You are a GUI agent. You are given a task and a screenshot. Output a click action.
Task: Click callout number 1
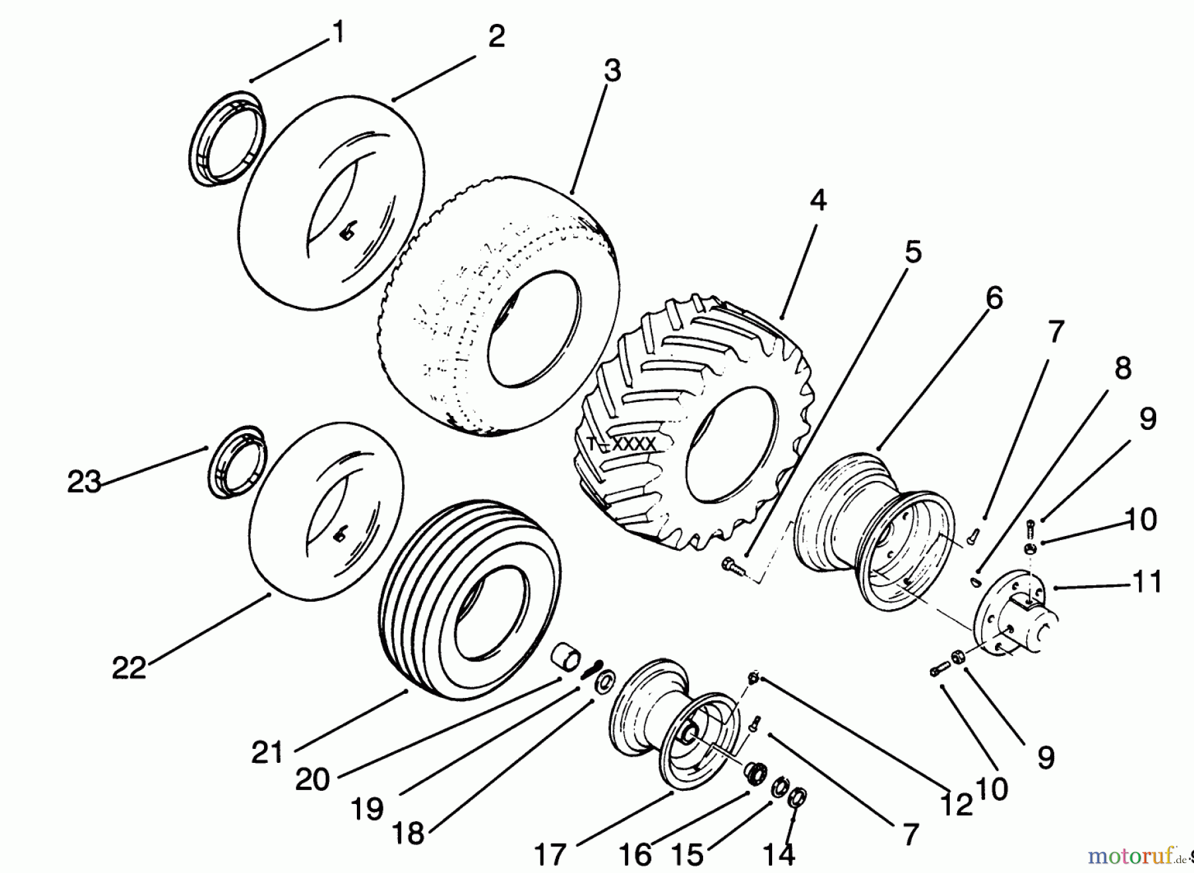coord(338,32)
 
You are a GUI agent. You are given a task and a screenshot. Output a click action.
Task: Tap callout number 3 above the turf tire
coord(612,70)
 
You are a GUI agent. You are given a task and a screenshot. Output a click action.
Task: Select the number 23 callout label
coord(84,482)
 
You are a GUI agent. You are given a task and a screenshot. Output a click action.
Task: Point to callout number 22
coord(128,667)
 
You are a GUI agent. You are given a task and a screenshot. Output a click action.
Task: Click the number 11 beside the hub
coord(1147,582)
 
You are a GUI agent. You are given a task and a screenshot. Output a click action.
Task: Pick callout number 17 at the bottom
coord(549,854)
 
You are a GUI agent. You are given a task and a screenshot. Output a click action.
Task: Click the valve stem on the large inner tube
coord(346,232)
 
